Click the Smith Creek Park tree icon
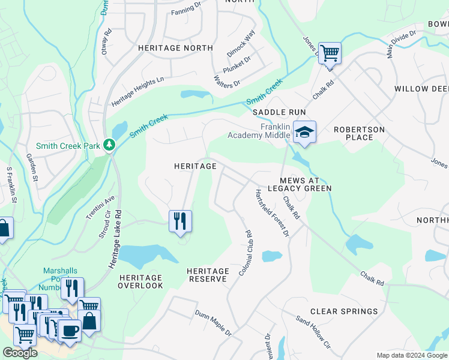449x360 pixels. tap(109, 145)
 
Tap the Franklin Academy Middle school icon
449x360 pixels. tap(305, 132)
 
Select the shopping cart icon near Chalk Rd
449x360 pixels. tap(330, 53)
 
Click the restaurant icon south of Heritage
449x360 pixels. tap(180, 221)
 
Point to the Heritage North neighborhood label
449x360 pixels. tap(175, 47)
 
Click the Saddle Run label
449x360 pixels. tap(279, 112)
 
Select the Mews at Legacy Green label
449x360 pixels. tap(306, 184)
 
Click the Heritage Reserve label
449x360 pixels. tap(208, 275)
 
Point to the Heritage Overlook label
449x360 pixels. tap(141, 281)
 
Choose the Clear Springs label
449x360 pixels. tap(344, 311)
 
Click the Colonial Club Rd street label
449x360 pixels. tap(249, 253)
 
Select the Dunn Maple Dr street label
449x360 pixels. tap(213, 322)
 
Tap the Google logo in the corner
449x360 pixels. tap(20, 353)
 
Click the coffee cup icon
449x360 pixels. tap(70, 330)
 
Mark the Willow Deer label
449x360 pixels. tap(421, 89)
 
